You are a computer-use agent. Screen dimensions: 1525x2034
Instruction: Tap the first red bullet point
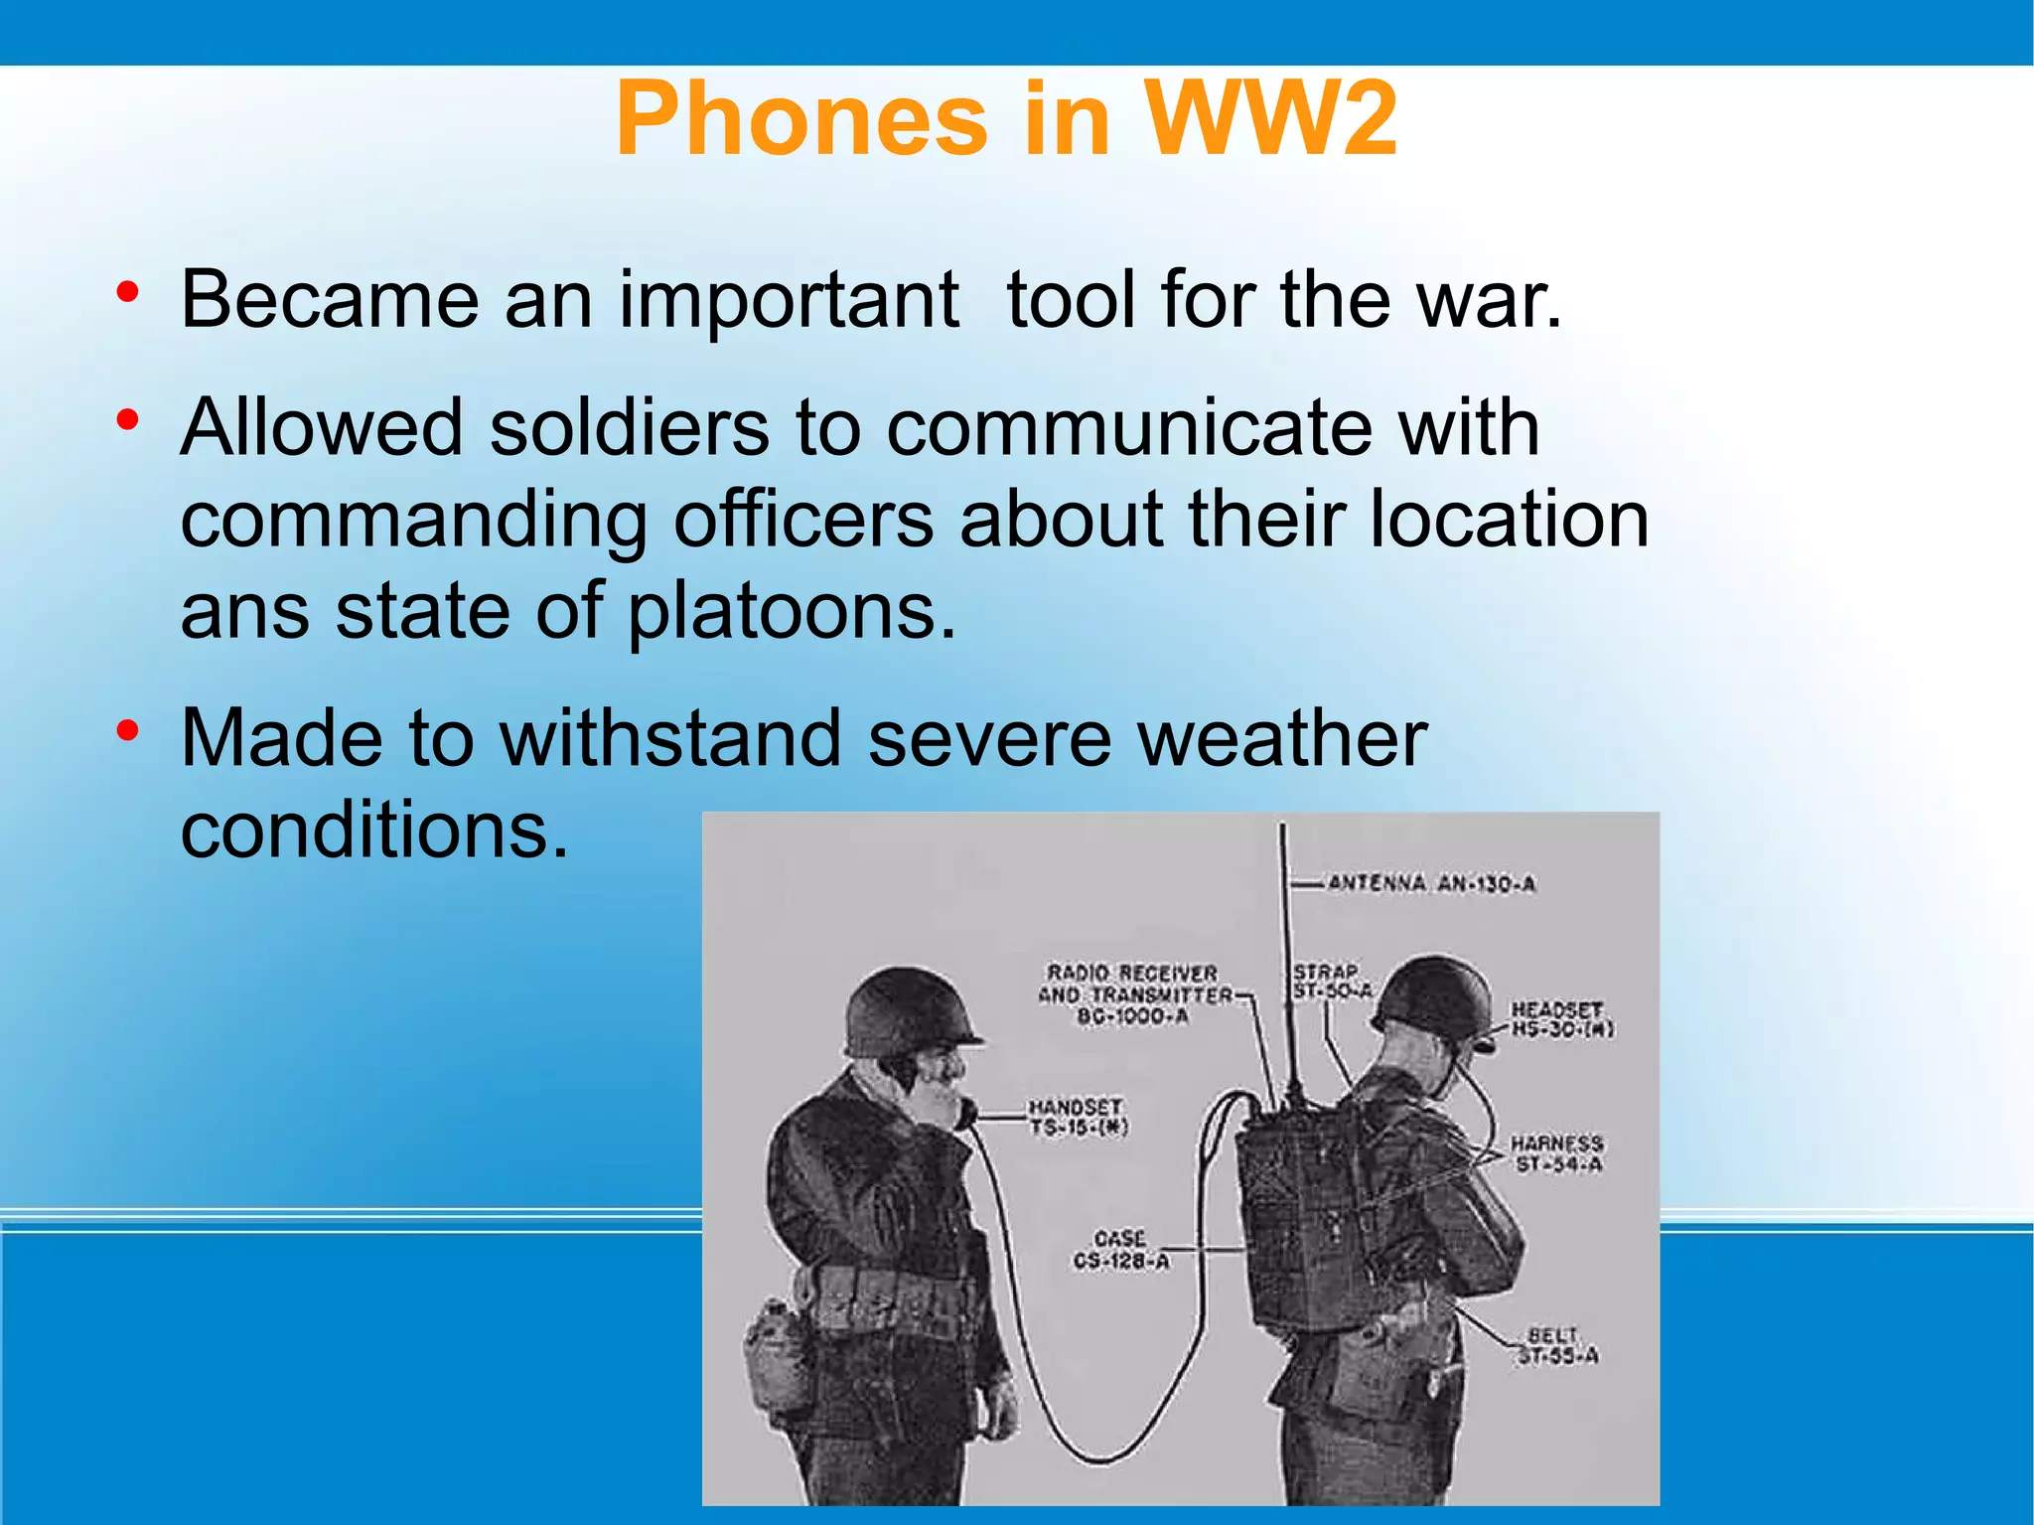[126, 293]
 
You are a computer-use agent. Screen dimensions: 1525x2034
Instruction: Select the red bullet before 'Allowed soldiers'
[126, 421]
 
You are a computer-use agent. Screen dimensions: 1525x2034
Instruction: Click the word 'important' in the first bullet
[789, 299]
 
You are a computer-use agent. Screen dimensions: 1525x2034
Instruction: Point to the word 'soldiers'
[630, 427]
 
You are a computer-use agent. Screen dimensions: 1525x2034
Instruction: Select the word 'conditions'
[374, 830]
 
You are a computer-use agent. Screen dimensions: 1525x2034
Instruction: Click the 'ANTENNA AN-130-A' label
[1431, 883]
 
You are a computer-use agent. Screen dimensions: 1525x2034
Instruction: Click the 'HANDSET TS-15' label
[1077, 1117]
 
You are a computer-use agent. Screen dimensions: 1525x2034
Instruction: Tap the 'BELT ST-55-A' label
[1556, 1346]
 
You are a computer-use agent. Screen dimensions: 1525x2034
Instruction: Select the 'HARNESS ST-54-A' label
[1556, 1154]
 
